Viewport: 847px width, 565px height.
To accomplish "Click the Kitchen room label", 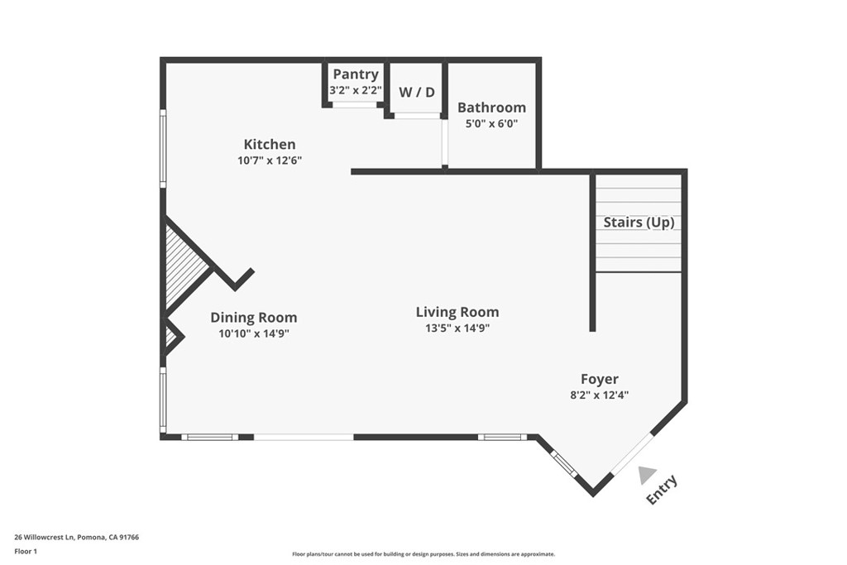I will point(269,144).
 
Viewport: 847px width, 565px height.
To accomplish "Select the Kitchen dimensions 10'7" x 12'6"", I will point(269,160).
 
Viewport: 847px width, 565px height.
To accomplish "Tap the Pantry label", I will point(356,74).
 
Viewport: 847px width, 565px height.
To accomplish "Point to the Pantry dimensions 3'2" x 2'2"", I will point(356,90).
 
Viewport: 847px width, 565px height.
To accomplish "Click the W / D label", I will point(417,92).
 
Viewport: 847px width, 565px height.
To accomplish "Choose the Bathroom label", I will point(491,108).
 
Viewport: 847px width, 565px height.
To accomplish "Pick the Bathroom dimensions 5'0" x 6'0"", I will point(491,124).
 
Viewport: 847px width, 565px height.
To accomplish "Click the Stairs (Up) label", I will point(639,223).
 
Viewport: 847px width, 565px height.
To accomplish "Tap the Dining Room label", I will point(253,318).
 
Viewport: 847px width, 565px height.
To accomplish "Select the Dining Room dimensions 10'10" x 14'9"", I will point(253,334).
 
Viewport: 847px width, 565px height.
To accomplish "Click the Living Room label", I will point(457,312).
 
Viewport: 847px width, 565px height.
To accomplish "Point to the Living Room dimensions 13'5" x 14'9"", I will point(457,328).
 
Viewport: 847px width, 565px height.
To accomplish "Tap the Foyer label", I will point(599,379).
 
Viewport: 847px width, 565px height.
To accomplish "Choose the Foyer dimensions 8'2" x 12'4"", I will point(599,395).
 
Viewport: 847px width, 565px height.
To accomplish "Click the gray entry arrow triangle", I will point(647,474).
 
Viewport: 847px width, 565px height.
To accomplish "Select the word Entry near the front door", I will point(663,489).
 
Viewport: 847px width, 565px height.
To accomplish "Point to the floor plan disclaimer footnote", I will point(423,554).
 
